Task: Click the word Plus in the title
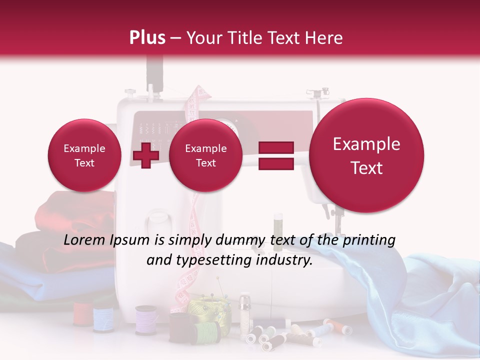click(147, 38)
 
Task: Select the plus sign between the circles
click(145, 155)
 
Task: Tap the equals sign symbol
click(275, 155)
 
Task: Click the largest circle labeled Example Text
click(366, 155)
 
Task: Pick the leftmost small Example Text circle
click(84, 155)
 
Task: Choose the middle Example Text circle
click(205, 155)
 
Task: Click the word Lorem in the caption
click(84, 240)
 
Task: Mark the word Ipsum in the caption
click(131, 240)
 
